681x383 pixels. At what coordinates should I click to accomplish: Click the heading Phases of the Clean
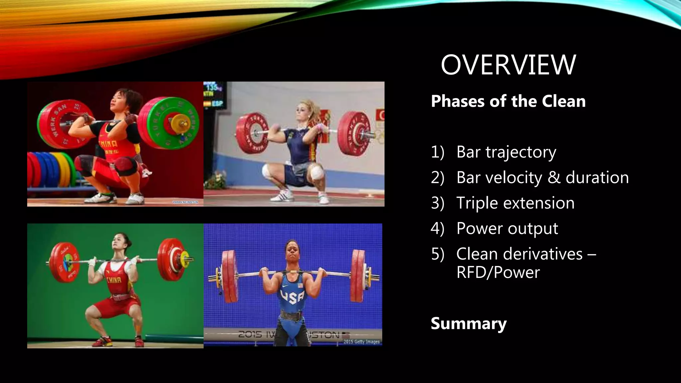click(x=508, y=101)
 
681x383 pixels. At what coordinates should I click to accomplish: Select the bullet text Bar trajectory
click(x=506, y=152)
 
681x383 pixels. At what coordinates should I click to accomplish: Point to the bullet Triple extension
click(x=515, y=203)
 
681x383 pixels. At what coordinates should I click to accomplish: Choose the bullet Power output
click(x=507, y=228)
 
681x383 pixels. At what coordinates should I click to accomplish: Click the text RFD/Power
click(x=498, y=272)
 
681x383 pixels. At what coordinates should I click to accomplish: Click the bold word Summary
click(x=469, y=323)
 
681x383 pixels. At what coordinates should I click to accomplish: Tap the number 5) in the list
click(x=437, y=254)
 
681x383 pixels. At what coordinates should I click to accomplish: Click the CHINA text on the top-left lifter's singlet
click(x=108, y=144)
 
